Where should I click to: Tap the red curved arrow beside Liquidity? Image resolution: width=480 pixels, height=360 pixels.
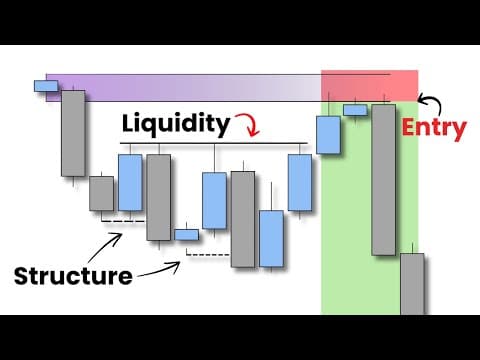(246, 127)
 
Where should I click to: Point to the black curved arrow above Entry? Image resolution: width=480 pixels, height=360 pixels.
(430, 100)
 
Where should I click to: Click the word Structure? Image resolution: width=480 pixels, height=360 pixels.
(73, 275)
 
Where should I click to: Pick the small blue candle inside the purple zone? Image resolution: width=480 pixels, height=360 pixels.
(46, 86)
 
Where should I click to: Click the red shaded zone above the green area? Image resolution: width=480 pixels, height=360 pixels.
(369, 85)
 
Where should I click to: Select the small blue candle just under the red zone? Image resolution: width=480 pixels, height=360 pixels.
(355, 109)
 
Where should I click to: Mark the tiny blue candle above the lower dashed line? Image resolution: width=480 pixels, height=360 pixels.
(187, 235)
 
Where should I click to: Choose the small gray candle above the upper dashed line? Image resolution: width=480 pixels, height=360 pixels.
(101, 193)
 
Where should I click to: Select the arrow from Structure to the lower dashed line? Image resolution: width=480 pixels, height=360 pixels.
(160, 271)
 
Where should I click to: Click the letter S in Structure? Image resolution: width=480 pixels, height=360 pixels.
(22, 275)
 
